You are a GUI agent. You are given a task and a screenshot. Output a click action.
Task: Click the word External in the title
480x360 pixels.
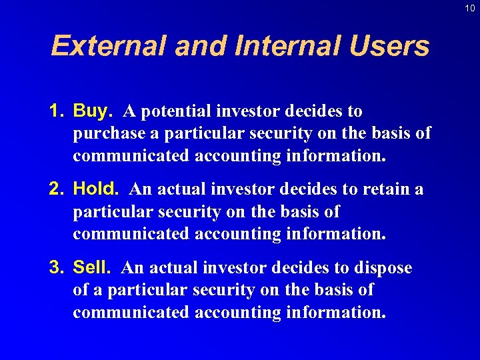pos(109,46)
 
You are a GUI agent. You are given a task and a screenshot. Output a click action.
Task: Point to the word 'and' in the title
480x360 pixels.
pos(199,46)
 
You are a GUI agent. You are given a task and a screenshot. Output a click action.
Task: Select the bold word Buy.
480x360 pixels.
pos(93,111)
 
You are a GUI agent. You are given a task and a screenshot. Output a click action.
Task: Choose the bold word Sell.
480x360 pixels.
pos(92,268)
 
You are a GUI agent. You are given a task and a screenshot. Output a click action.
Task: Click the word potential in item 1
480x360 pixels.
pos(176,111)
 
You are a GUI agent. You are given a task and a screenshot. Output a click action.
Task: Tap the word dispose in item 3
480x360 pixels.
pos(383,268)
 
